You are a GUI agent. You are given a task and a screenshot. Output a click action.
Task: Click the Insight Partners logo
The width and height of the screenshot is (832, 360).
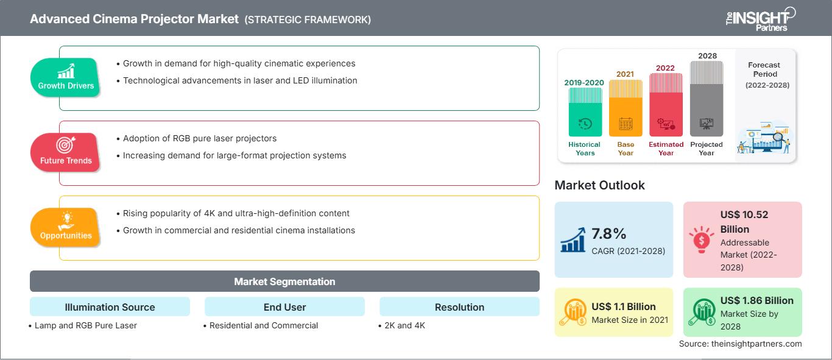tap(761, 19)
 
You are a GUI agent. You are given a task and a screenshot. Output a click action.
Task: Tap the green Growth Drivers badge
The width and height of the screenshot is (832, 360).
tap(65, 77)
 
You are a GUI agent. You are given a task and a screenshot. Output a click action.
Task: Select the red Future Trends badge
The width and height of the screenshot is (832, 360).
tap(65, 152)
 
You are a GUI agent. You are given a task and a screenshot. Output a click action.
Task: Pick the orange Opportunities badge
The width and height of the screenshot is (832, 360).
tap(65, 227)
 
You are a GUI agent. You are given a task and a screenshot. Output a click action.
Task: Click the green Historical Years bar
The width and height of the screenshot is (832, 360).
tap(585, 112)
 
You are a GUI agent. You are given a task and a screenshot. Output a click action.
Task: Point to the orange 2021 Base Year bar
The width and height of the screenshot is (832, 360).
tap(626, 108)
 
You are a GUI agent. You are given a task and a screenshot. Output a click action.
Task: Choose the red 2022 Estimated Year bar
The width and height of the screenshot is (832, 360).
tap(666, 105)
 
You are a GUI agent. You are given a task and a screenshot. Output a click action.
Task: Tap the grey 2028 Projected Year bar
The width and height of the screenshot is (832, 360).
tap(707, 99)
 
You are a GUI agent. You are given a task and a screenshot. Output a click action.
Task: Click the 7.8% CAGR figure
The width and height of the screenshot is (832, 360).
tap(608, 234)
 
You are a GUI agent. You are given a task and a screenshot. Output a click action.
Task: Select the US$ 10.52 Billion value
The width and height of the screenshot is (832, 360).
tap(744, 222)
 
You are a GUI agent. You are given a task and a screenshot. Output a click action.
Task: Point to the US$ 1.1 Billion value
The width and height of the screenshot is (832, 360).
tap(624, 306)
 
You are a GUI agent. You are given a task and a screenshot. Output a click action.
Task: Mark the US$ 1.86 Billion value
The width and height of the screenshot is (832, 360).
tap(757, 300)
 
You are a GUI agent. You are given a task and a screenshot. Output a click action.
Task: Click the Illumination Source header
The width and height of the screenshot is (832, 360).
tap(110, 307)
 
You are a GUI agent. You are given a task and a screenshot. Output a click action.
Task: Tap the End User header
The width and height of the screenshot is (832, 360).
tap(284, 307)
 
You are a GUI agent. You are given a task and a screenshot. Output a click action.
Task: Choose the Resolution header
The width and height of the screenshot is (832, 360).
tap(459, 307)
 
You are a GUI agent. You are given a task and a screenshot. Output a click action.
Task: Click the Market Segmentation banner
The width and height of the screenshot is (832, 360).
tap(284, 281)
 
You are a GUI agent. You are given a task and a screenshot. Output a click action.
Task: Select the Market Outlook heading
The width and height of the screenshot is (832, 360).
tap(599, 185)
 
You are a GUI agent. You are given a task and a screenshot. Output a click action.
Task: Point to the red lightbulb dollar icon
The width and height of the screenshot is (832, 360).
tap(701, 239)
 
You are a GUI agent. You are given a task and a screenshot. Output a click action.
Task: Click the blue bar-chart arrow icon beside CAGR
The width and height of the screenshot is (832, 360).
tap(573, 239)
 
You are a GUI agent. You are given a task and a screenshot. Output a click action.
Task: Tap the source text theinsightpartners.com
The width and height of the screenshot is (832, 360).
tap(756, 344)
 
